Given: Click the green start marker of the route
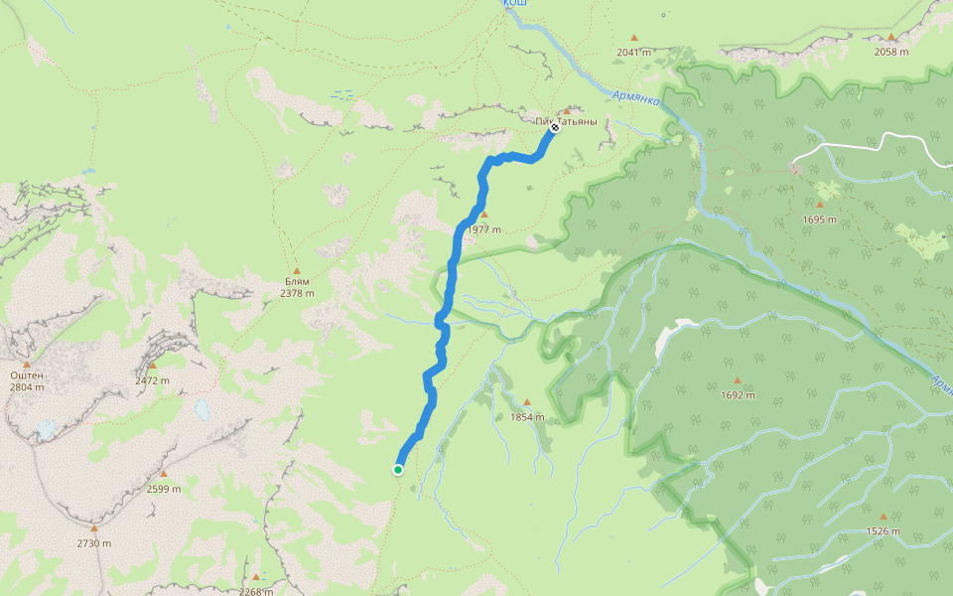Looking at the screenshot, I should pos(398,470).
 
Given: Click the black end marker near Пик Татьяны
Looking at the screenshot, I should pos(555,128).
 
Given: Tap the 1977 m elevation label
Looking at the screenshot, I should pos(483,229).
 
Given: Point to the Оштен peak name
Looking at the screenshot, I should pos(26,375).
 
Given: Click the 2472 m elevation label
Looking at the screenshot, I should pos(152,380).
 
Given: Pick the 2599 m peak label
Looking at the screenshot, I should pos(163,489).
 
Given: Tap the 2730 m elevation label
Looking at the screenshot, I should pos(94,543).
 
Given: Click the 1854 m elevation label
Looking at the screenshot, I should pos(527,417).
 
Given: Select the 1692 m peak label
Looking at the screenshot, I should pos(738,395).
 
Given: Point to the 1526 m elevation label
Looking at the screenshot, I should pos(883,531).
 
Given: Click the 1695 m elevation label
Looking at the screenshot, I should pos(820,220).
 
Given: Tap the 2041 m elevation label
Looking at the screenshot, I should pos(633,52).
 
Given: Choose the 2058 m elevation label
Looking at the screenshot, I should pos(890,52).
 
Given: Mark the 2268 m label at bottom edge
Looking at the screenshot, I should pos(256,591).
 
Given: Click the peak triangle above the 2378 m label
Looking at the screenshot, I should pos(296,270).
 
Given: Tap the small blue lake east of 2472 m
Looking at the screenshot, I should pos(202,409).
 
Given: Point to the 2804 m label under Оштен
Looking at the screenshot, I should pos(26,387).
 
